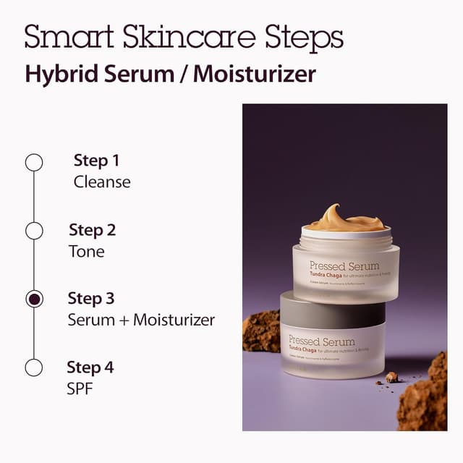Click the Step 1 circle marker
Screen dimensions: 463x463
click(34, 162)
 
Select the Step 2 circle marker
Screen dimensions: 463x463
click(34, 231)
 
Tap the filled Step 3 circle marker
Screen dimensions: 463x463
click(34, 299)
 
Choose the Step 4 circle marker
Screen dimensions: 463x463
click(34, 367)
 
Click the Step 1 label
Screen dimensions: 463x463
click(96, 161)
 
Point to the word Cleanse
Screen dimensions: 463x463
click(102, 182)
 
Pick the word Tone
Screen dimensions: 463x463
click(87, 252)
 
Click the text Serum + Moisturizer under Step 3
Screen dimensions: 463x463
click(141, 320)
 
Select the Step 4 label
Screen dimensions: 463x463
click(90, 368)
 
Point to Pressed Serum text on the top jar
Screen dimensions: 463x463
click(344, 266)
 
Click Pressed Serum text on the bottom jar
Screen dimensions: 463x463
click(322, 340)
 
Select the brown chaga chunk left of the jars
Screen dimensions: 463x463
click(261, 331)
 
